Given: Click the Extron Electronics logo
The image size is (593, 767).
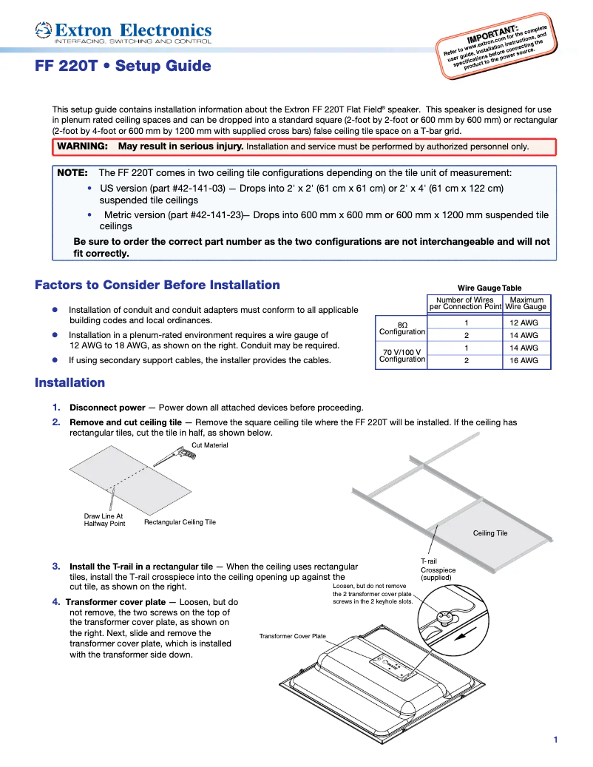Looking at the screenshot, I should [123, 33].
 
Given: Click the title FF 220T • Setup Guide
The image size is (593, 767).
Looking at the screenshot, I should [123, 67].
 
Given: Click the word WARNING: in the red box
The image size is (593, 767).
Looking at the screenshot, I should [82, 146].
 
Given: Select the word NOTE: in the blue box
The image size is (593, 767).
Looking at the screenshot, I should [72, 172].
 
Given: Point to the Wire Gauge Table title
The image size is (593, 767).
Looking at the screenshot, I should [489, 288].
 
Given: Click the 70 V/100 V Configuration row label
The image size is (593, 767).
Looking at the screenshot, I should [401, 355].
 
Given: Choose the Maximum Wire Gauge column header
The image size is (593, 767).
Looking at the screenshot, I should [526, 303].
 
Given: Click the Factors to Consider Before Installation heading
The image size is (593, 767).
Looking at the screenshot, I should [157, 285].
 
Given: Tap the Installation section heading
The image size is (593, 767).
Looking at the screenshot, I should [70, 383].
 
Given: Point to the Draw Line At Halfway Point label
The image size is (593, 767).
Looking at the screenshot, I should [104, 519].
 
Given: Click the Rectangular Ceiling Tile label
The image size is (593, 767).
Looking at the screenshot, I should [180, 522].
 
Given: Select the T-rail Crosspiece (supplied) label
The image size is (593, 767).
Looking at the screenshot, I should [438, 570].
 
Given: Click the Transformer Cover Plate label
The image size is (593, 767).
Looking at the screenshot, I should [292, 636].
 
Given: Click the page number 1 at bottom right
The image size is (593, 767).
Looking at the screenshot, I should [555, 740].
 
